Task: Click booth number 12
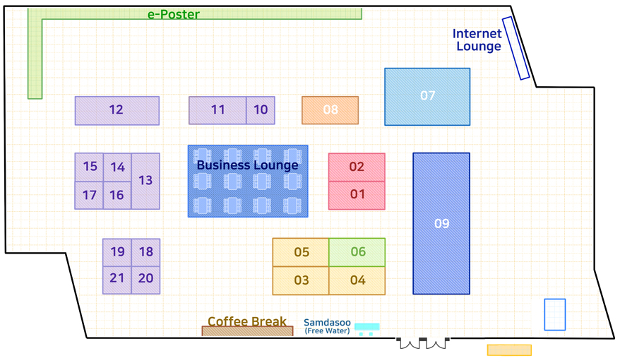coord(117,111)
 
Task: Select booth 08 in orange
coord(330,110)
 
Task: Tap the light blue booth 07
coord(427,97)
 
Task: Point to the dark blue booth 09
coord(441,223)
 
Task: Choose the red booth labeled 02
coord(357,167)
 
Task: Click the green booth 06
coord(357,252)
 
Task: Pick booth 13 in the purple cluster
coord(145,181)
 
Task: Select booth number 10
coord(261,110)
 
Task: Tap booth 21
coord(117,280)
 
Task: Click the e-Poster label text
coord(174,15)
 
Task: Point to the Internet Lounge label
coord(477,40)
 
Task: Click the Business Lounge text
coord(248,165)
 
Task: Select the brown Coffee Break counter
coord(248,331)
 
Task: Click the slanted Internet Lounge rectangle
coord(516,48)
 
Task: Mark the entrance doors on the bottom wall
coord(423,343)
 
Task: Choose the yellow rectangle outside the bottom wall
coord(509,350)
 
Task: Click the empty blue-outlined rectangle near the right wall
coord(555,315)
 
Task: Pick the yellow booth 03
coord(301,281)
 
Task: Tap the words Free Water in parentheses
coord(328,331)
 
